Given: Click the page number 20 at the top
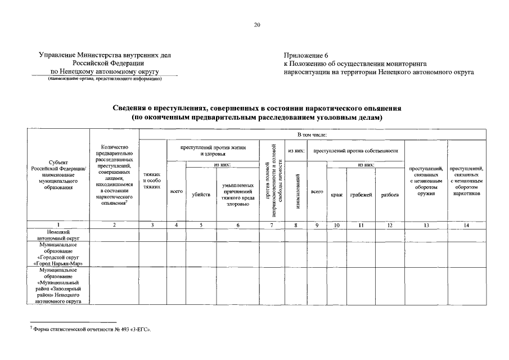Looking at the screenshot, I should [x=256, y=25].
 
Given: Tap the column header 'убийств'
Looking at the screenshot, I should [x=201, y=195].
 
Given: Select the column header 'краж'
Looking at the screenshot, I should [x=336, y=195].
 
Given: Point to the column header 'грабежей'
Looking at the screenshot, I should [x=361, y=195].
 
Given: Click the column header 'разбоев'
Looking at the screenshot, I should [x=390, y=195].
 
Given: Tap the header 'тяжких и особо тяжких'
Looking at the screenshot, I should [x=151, y=181].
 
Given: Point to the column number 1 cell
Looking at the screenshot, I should [x=58, y=225].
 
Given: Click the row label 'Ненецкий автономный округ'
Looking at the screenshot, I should [x=58, y=235].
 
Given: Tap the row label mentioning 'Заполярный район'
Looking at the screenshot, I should [x=58, y=285].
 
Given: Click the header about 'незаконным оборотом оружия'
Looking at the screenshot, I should [x=426, y=181].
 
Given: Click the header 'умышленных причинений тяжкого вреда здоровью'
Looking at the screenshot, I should [x=237, y=194].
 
